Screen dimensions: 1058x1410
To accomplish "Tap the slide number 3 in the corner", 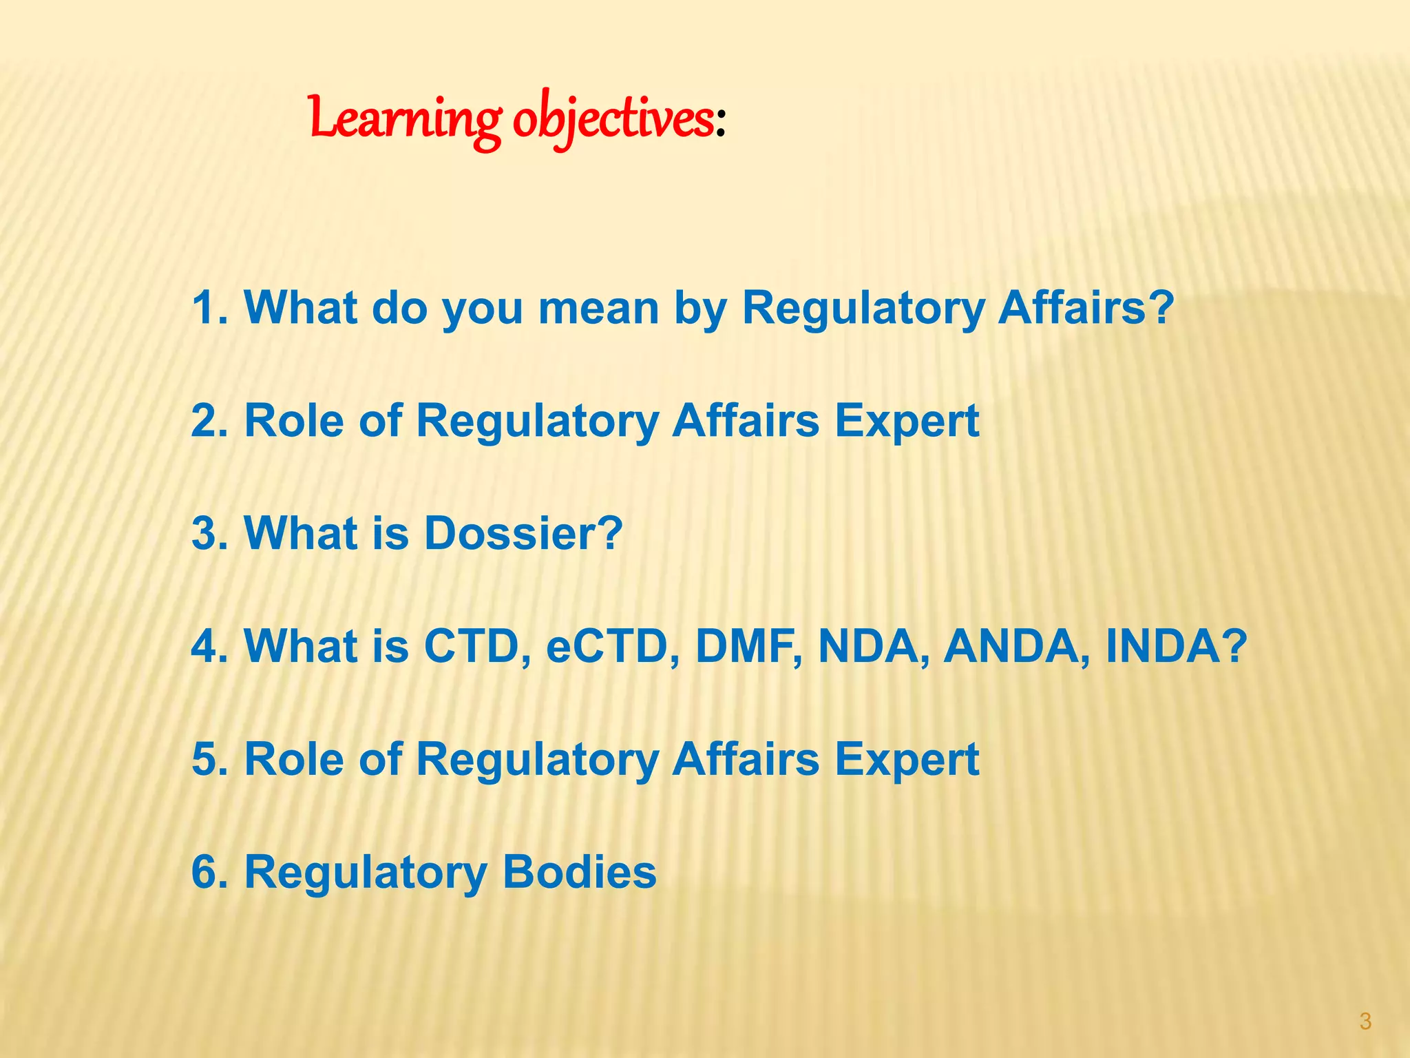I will click(x=1365, y=1021).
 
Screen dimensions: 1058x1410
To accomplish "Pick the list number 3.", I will click(x=209, y=533).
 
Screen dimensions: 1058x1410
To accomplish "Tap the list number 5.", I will click(x=209, y=759).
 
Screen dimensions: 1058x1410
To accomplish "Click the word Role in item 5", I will click(x=294, y=759).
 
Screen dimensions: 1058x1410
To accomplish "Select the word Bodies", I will click(x=580, y=872).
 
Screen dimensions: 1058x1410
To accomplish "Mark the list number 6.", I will click(x=209, y=872).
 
